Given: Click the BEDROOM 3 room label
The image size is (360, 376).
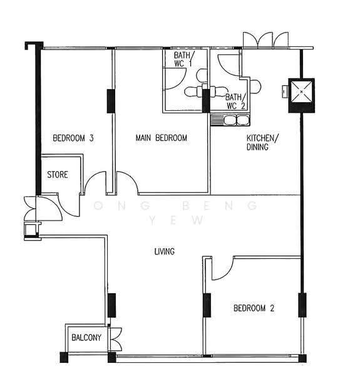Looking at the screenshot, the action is (x=73, y=138).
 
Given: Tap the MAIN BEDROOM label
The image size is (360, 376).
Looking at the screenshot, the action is (x=161, y=138).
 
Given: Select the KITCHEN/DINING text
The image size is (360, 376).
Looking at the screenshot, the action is (x=262, y=142).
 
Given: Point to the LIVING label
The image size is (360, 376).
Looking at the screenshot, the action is (x=164, y=251).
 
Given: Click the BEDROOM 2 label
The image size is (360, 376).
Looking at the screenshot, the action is (x=254, y=308).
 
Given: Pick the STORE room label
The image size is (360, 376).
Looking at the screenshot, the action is (x=58, y=175).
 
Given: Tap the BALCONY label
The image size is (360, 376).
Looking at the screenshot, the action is (x=86, y=338).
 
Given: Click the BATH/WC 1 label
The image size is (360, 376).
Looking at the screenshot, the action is (x=184, y=60).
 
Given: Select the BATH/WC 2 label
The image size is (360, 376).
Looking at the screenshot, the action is (x=235, y=102).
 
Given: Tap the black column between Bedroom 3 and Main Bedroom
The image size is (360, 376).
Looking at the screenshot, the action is (x=111, y=101).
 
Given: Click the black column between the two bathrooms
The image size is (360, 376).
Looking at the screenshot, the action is (x=206, y=100).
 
